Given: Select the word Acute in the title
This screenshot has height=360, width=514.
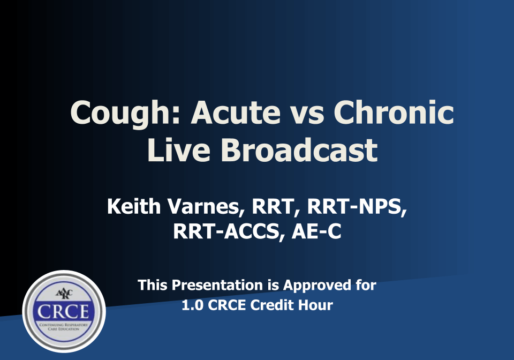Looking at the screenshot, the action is point(236,112).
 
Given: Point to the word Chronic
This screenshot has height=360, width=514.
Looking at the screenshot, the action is point(394,112).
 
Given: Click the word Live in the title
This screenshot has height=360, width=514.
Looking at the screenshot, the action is point(179,150).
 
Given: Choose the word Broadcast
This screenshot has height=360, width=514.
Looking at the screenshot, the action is point(299,150).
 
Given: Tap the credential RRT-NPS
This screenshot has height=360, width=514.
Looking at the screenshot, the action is point(357,207).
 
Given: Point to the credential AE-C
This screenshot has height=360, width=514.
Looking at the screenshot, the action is point(316,231).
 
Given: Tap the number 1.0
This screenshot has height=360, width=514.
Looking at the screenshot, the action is point(192,305).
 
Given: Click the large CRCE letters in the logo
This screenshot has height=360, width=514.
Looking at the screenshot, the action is point(63,311).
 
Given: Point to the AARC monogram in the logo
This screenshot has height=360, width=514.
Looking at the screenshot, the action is point(64,294).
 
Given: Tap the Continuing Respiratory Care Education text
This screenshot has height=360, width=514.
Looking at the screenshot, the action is point(64,327).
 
